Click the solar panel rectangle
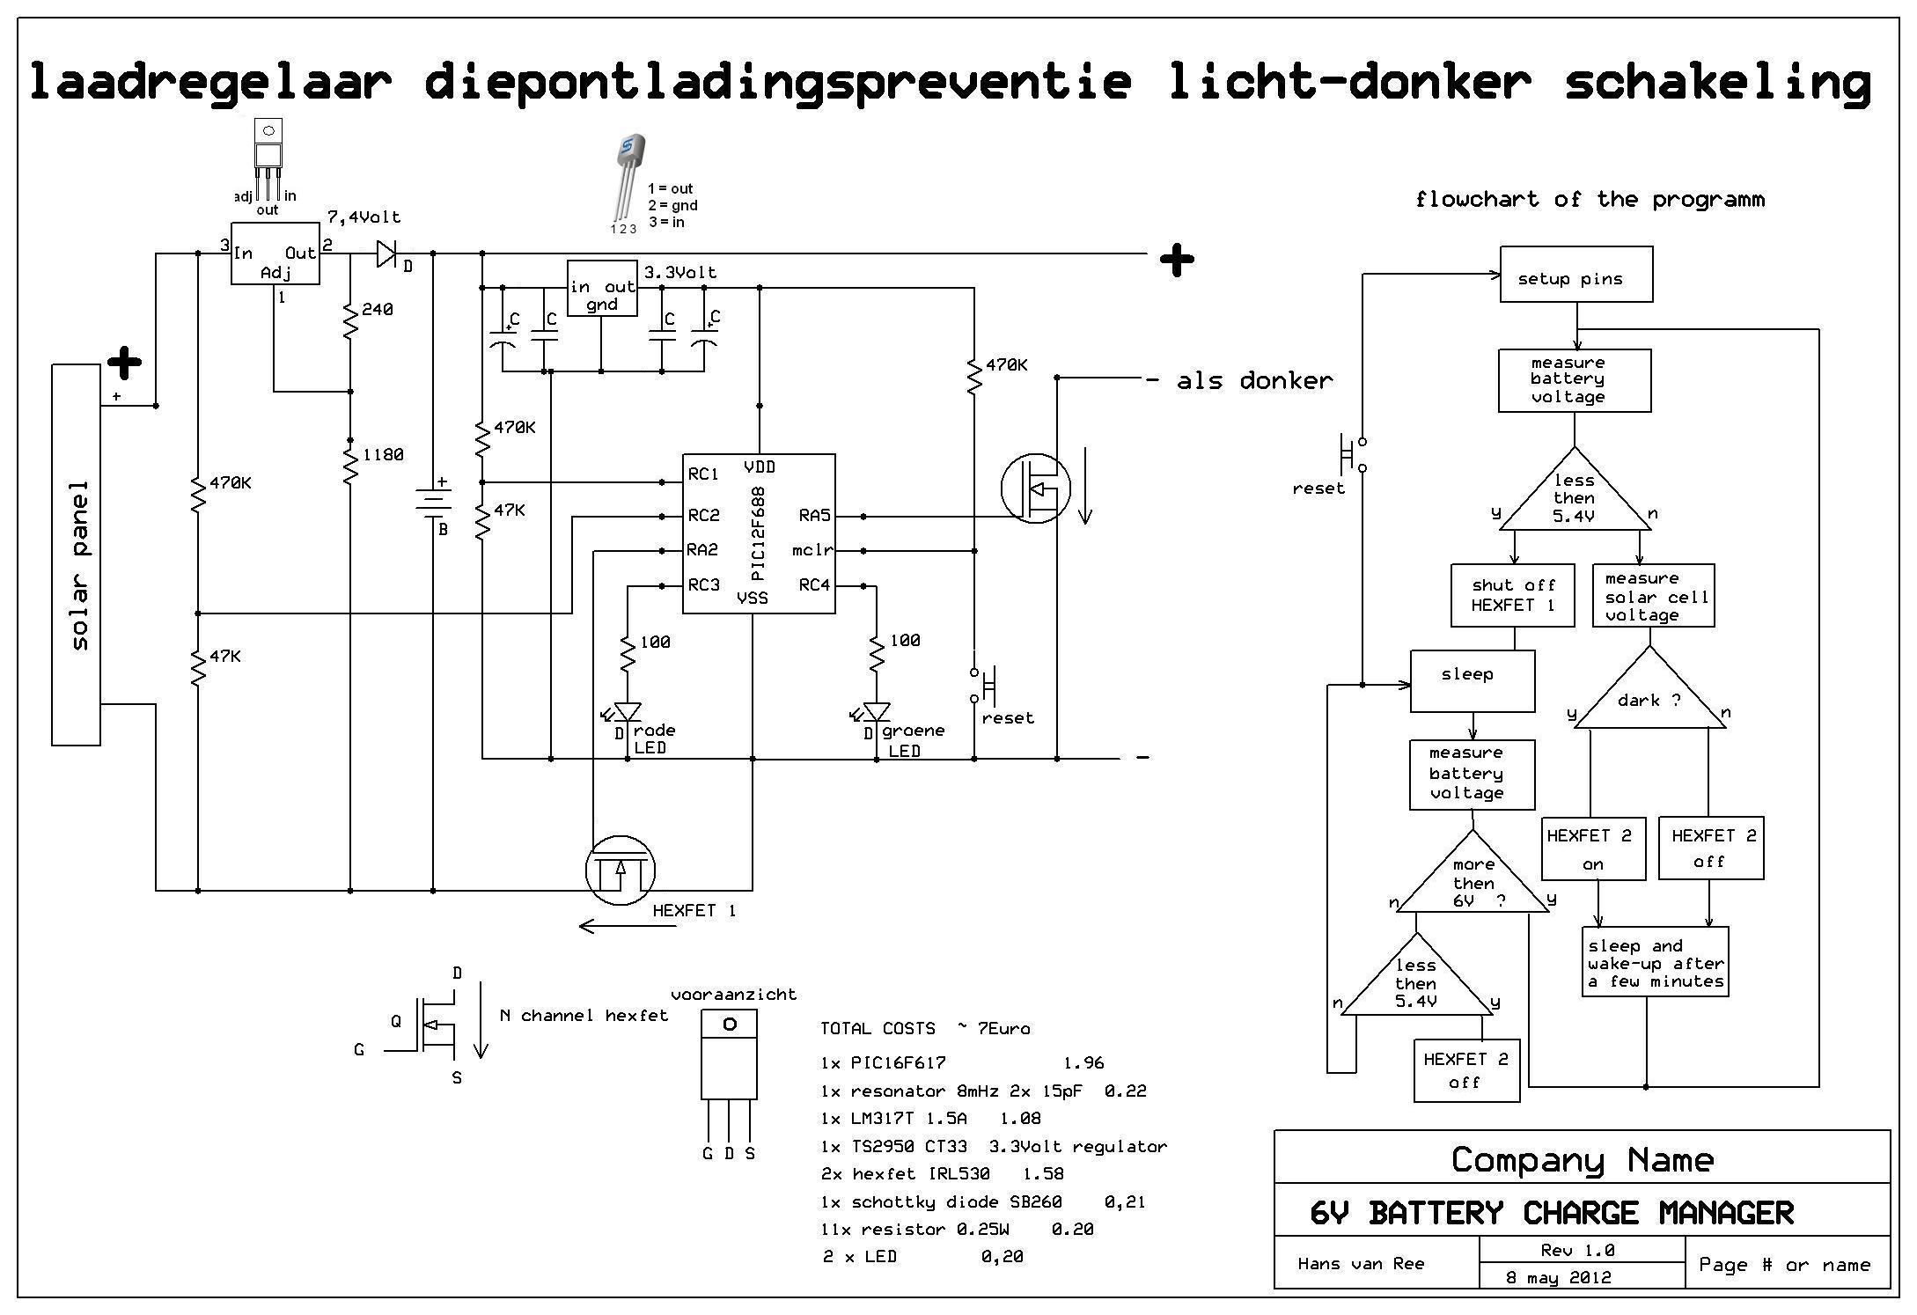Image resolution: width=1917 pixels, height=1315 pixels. pos(76,555)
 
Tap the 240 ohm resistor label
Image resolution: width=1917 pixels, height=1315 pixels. pos(377,310)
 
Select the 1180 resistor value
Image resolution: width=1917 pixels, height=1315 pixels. pos(383,454)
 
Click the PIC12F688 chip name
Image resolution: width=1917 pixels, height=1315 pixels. pos(759,533)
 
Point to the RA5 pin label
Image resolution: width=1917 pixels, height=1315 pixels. pos(814,516)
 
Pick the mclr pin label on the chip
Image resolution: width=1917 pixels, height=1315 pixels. pos(812,551)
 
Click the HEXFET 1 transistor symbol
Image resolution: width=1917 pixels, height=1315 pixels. pos(621,871)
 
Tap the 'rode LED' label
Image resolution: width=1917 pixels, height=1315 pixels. pos(654,739)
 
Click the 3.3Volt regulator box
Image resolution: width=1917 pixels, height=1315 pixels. pos(602,288)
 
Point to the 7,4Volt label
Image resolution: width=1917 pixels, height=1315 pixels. pos(364,217)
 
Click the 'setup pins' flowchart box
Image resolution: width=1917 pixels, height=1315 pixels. pos(1575,275)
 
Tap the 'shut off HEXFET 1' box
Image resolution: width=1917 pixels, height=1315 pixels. pos(1512,595)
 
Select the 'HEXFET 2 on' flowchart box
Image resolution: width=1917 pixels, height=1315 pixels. pos(1593,849)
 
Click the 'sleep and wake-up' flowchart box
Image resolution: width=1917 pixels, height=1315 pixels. pos(1655,962)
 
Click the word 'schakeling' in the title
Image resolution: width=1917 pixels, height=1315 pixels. pos(1716,82)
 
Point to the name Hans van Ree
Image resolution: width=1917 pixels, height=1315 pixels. pos(1361,1264)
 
